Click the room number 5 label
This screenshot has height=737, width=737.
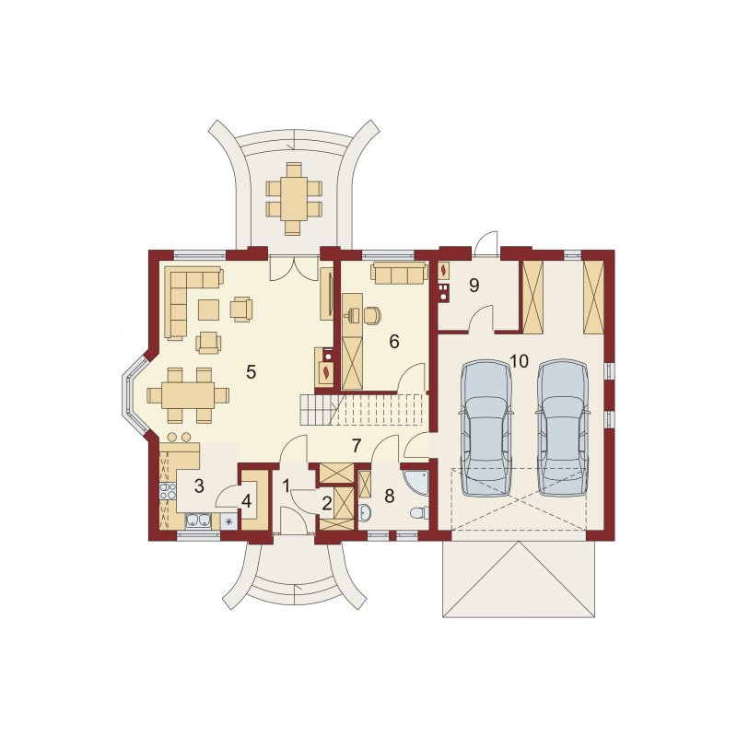tap(251, 372)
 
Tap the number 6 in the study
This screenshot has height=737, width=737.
tap(394, 342)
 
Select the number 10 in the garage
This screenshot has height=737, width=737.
tap(519, 361)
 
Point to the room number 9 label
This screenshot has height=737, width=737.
tap(474, 285)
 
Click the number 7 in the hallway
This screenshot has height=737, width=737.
tap(357, 446)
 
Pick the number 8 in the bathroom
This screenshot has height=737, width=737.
tap(389, 496)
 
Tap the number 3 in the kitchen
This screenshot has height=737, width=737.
tap(199, 486)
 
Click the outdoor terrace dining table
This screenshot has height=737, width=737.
tap(294, 198)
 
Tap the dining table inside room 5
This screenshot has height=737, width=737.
tap(188, 395)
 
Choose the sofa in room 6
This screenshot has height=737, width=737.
tap(399, 273)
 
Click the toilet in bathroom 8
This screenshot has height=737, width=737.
tap(419, 513)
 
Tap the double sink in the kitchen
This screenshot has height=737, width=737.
tap(198, 521)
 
